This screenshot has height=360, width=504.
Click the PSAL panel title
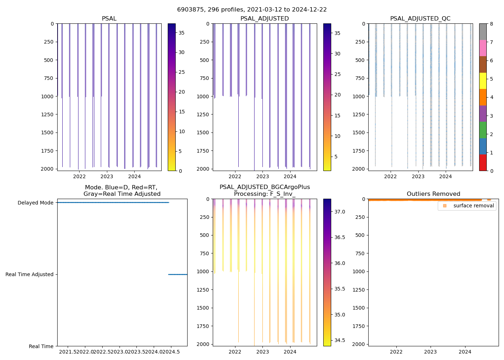tap(109, 19)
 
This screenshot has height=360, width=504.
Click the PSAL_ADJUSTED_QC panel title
tap(420, 19)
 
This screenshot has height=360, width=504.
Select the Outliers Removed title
tap(433, 194)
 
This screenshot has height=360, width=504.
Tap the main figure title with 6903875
tap(252, 10)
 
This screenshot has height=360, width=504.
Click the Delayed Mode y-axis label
tap(35, 203)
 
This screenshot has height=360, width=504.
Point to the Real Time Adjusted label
tap(30, 274)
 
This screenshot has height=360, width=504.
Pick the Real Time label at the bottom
tap(41, 346)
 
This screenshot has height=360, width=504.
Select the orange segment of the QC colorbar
tap(483, 97)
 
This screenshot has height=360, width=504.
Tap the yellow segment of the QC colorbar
tap(483, 81)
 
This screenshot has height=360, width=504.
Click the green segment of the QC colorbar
tap(483, 130)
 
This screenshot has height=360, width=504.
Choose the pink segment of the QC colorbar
tap(483, 48)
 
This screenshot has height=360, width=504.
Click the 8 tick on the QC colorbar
tap(491, 24)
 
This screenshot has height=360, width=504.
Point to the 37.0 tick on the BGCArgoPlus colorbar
tap(340, 212)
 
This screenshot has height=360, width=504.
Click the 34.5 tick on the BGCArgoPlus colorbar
tap(340, 340)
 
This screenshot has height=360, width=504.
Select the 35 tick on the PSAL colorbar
tap(181, 33)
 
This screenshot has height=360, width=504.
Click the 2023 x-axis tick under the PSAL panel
tap(107, 176)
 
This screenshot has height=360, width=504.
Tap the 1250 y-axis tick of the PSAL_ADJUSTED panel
tap(203, 114)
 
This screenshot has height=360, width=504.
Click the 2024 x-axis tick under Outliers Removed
tap(465, 352)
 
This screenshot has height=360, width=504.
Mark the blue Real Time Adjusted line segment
tap(177, 274)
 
